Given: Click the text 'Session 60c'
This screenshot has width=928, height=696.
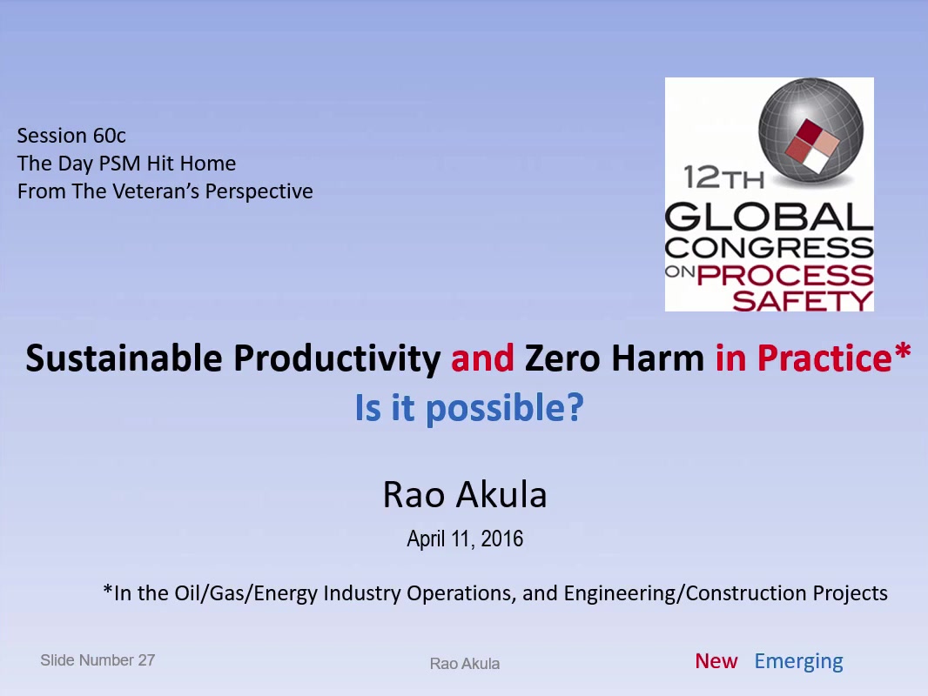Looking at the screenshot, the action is coord(71,136).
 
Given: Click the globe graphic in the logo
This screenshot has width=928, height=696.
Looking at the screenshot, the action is coord(810,131).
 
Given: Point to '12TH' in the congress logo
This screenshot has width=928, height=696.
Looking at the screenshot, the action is coord(723,177).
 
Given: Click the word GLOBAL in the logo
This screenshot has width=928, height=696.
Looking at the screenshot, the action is coord(769,217).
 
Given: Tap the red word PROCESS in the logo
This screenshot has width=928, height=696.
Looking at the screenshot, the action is coord(784,275).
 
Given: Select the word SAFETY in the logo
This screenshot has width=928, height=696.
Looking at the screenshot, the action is coord(803,300).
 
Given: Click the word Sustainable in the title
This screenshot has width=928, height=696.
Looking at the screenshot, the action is coord(124,358).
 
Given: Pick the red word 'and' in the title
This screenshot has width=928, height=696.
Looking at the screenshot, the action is coord(482,358).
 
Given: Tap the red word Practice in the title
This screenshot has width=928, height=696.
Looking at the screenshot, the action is coord(824,358).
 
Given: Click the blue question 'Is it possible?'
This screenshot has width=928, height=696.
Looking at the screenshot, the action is coord(469,408).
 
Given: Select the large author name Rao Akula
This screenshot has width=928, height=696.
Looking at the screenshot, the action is coord(465,494).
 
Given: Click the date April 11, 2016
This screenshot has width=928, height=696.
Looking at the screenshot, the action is coord(465,539).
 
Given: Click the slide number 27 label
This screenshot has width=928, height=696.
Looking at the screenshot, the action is coord(98,660).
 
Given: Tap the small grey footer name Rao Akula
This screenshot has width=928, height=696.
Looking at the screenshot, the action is coord(465,664).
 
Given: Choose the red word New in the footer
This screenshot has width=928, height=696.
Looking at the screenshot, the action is coord(716,661).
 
